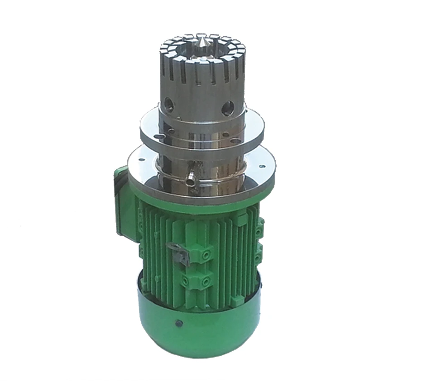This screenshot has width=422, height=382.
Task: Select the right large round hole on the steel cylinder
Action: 227,107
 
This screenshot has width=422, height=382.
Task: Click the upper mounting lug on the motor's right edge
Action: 258,231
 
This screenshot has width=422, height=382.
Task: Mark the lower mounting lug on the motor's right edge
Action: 258,257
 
